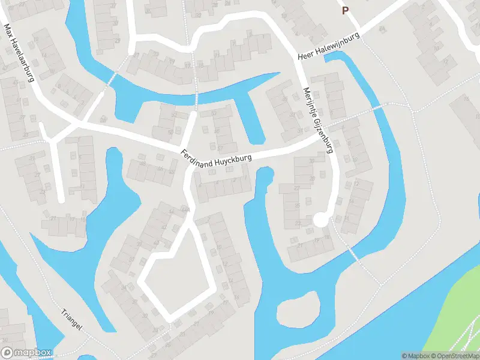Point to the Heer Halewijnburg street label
(x=329, y=46)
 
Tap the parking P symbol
(x=345, y=10)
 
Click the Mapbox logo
(x=26, y=353)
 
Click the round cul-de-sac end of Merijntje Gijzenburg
(x=322, y=220)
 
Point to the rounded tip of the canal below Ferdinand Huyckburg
(x=265, y=175)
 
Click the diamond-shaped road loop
(x=176, y=282)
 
